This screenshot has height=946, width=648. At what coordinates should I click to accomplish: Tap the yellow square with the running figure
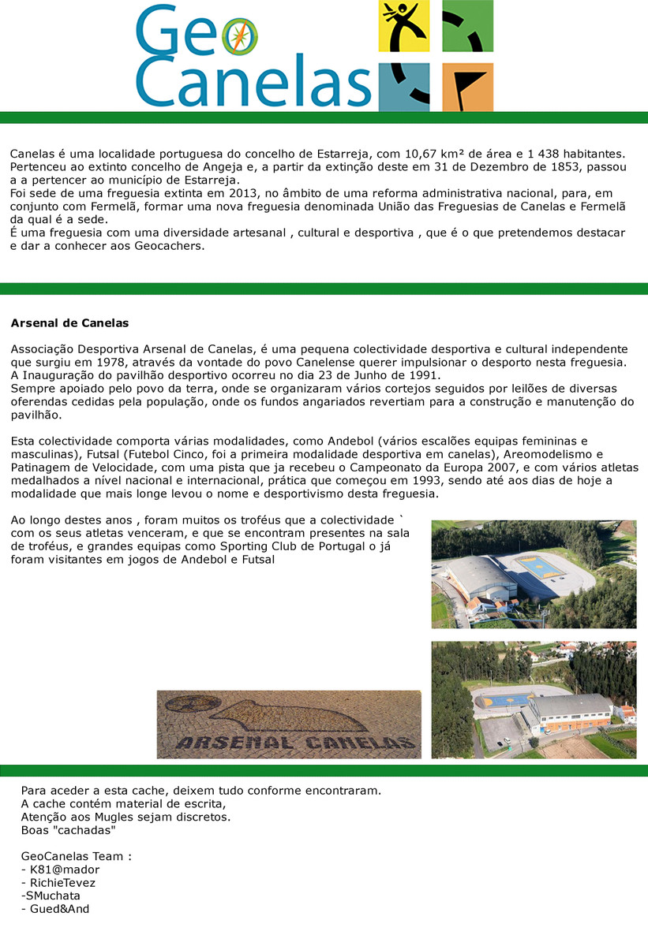point(404,26)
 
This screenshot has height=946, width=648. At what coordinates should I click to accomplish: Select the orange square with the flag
point(467,87)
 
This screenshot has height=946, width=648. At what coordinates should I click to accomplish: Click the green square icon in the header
point(467,26)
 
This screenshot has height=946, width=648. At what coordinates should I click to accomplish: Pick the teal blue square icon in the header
point(404,87)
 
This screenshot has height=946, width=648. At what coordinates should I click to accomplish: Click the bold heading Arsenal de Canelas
point(69,323)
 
